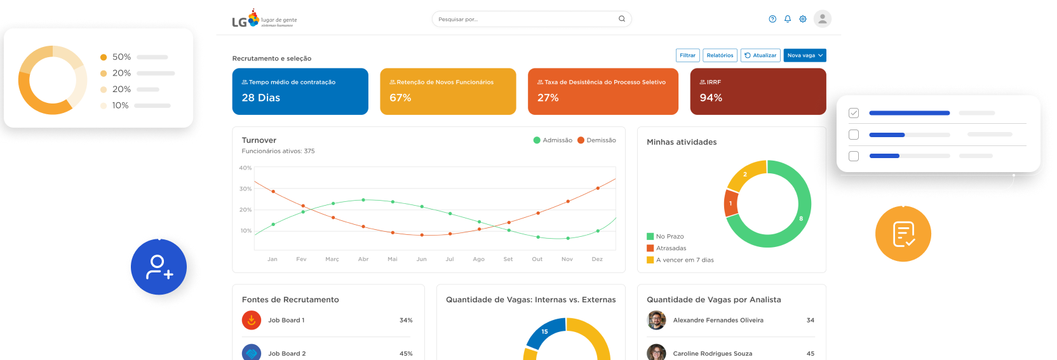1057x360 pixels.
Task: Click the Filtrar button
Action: pyautogui.click(x=687, y=55)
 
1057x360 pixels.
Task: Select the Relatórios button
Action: pyautogui.click(x=720, y=55)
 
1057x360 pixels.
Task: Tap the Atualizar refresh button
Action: pyautogui.click(x=760, y=55)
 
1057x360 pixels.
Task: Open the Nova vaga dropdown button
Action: pyautogui.click(x=805, y=55)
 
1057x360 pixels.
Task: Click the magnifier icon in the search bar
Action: pyautogui.click(x=621, y=19)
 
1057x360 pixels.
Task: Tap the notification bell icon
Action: pyautogui.click(x=788, y=19)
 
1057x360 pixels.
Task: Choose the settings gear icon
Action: pyautogui.click(x=803, y=19)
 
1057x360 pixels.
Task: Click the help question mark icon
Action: pyautogui.click(x=772, y=19)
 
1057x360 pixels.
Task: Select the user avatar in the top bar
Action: pyautogui.click(x=822, y=19)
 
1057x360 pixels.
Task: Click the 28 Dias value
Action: pyautogui.click(x=261, y=98)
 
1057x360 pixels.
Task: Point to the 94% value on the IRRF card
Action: pyautogui.click(x=711, y=98)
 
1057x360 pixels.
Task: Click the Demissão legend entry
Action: pyautogui.click(x=596, y=140)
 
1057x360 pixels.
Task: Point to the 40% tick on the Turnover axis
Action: pyautogui.click(x=245, y=168)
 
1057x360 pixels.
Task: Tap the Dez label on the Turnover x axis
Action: pyautogui.click(x=597, y=259)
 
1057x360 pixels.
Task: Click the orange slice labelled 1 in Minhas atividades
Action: pyautogui.click(x=731, y=203)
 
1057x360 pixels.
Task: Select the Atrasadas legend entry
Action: pyautogui.click(x=666, y=248)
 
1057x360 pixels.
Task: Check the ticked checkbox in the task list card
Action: pyautogui.click(x=854, y=113)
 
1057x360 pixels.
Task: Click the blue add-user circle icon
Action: pyautogui.click(x=159, y=267)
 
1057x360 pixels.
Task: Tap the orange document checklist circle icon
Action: pyautogui.click(x=903, y=234)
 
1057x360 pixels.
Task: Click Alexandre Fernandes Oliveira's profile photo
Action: pyautogui.click(x=656, y=321)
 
